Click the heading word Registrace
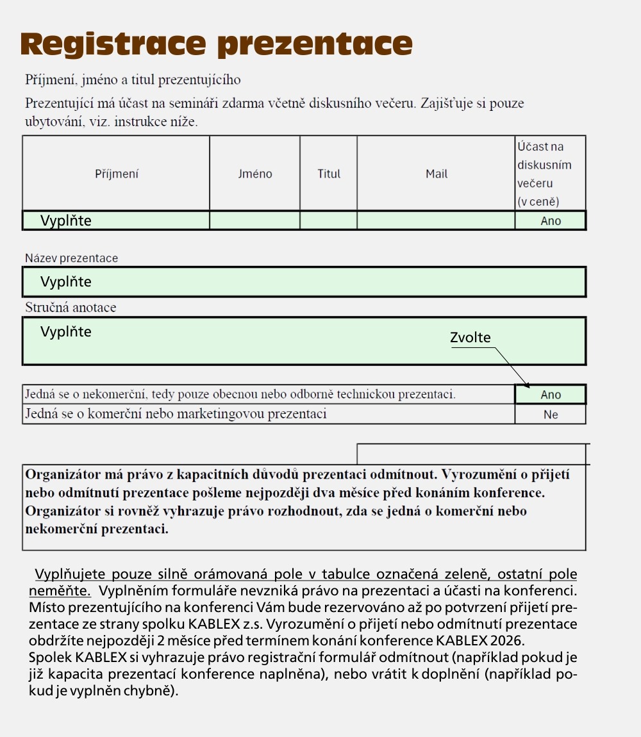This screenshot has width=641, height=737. click(114, 44)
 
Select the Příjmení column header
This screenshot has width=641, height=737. click(117, 174)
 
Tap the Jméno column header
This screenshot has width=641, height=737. click(254, 174)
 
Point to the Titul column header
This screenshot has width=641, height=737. click(329, 174)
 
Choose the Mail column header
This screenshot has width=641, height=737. click(437, 174)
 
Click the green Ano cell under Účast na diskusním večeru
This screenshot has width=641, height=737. click(551, 221)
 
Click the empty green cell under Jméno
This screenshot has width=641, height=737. click(254, 220)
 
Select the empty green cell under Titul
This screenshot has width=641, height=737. click(328, 220)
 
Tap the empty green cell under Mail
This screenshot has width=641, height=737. click(436, 220)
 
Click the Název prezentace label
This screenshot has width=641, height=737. click(72, 258)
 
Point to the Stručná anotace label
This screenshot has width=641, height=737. click(71, 308)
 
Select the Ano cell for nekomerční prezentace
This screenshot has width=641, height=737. click(551, 395)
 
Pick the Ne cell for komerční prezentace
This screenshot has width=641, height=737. click(551, 415)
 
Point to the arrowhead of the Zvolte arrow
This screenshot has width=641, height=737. click(528, 386)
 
